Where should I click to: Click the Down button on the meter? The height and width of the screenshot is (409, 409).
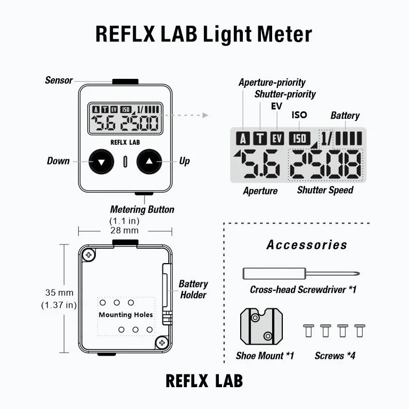pyautogui.click(x=101, y=161)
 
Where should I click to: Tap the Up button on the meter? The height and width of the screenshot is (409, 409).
pyautogui.click(x=149, y=161)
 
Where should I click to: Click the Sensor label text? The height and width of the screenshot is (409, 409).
pyautogui.click(x=59, y=80)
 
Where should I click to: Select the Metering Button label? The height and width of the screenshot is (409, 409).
pyautogui.click(x=142, y=209)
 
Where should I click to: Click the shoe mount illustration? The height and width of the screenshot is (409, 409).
pyautogui.click(x=261, y=326)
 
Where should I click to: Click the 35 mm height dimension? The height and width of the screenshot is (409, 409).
pyautogui.click(x=59, y=292)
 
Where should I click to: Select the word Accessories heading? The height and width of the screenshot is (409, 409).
pyautogui.click(x=307, y=245)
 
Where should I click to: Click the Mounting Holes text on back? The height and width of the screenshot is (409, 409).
pyautogui.click(x=126, y=315)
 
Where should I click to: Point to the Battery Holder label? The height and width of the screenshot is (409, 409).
pyautogui.click(x=193, y=289)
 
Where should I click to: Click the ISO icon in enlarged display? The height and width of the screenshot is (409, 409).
pyautogui.click(x=299, y=138)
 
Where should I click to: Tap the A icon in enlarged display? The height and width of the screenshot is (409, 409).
pyautogui.click(x=243, y=139)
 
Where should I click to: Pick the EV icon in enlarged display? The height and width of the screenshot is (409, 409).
pyautogui.click(x=277, y=139)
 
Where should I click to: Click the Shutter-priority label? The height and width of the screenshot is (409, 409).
pyautogui.click(x=285, y=94)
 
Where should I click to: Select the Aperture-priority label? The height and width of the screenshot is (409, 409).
pyautogui.click(x=272, y=83)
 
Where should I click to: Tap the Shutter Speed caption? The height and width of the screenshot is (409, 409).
pyautogui.click(x=325, y=190)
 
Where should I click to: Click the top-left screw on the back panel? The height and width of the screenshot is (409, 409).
pyautogui.click(x=88, y=255)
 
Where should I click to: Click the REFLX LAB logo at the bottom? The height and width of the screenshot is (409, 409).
pyautogui.click(x=204, y=381)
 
